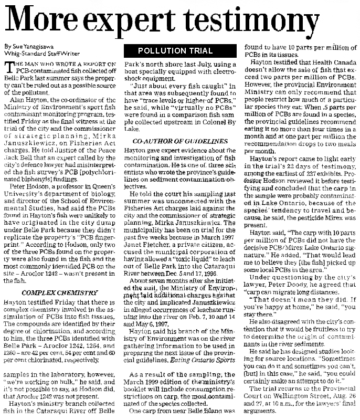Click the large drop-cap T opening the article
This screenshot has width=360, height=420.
(8, 66)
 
